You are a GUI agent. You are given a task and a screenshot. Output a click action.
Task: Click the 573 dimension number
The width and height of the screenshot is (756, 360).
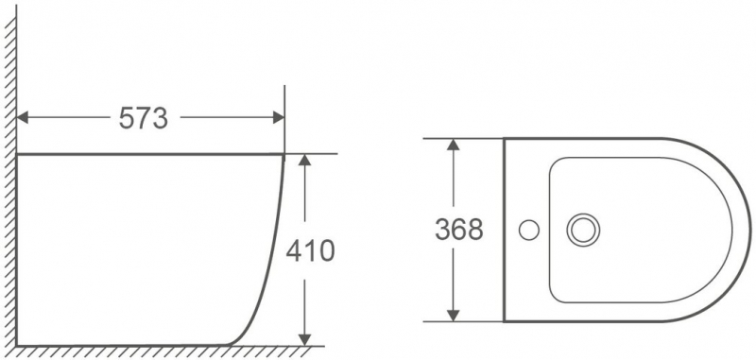click(144, 118)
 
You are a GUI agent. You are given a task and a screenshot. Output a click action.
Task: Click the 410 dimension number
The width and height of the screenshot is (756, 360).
click(310, 250)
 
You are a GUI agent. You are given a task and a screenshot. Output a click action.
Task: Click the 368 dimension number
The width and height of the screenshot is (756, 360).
click(458, 230)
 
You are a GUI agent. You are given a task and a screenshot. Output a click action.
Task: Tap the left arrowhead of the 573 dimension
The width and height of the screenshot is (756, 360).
click(23, 117)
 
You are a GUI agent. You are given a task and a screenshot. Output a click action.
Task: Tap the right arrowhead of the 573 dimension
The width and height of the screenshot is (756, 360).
click(278, 117)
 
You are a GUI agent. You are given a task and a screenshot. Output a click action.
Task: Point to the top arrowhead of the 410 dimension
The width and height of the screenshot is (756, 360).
click(304, 160)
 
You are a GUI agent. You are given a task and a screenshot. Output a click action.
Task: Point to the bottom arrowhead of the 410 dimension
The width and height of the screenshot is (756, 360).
click(304, 339)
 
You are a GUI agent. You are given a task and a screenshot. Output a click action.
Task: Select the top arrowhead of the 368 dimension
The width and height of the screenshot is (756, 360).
click(453, 145)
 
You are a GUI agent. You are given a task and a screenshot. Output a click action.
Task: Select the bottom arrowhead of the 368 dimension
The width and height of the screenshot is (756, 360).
click(453, 316)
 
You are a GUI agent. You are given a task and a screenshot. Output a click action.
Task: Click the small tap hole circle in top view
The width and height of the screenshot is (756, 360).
click(529, 230)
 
